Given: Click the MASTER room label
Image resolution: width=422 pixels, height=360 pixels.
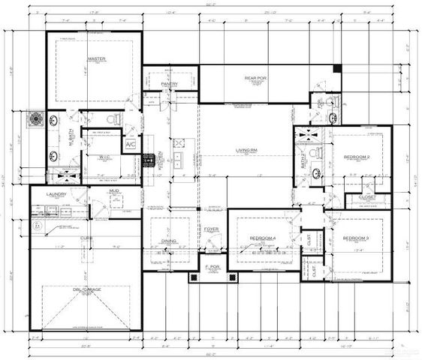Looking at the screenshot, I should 95,58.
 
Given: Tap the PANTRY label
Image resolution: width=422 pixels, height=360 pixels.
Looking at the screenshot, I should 170,85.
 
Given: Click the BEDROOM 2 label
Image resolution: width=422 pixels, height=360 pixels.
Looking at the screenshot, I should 357,157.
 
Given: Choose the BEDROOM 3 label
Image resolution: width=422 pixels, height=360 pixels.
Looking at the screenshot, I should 356,238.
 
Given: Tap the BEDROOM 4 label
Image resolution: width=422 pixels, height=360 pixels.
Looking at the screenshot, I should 263,238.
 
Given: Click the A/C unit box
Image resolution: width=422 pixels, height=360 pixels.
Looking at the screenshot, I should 131,143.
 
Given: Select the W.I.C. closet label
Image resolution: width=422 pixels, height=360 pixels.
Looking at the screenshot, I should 104,157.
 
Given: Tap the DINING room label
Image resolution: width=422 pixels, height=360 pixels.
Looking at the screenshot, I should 169,241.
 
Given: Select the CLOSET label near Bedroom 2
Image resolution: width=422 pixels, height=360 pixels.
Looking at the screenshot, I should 367,197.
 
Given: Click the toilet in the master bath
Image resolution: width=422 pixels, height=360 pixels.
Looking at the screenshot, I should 111,119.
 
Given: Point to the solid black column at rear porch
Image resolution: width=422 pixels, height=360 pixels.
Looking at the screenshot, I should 337,69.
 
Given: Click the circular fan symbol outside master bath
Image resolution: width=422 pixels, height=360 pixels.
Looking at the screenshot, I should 35,118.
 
